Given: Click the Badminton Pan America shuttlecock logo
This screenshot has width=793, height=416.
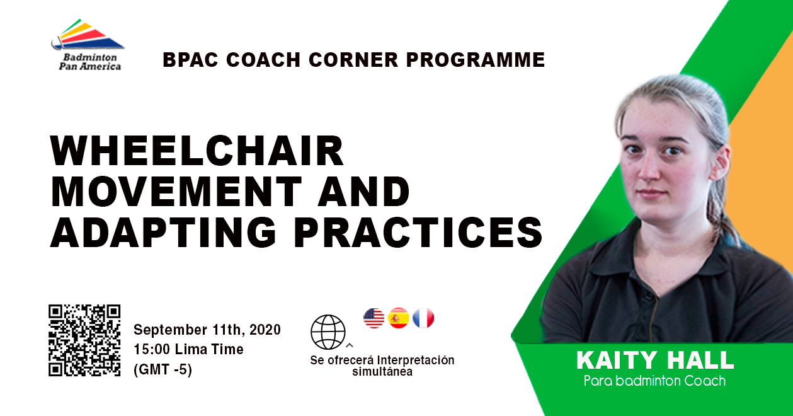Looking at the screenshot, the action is pyautogui.click(x=88, y=35).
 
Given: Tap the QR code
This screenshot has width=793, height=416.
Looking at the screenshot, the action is pyautogui.click(x=84, y=340).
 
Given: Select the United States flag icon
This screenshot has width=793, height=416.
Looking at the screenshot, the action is pyautogui.click(x=374, y=318).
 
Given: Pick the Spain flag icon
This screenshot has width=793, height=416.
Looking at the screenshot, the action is pyautogui.click(x=399, y=318).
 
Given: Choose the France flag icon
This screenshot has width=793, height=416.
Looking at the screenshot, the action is pyautogui.click(x=423, y=318).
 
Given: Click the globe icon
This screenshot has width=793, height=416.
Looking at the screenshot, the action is pyautogui.click(x=328, y=332).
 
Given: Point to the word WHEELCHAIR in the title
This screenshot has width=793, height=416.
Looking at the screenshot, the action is pyautogui.click(x=197, y=151).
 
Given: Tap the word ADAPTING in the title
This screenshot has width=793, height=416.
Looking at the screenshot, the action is pyautogui.click(x=163, y=233).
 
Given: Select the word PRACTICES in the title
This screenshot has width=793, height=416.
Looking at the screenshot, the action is pyautogui.click(x=418, y=233).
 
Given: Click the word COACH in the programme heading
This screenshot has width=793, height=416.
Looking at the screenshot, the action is pyautogui.click(x=263, y=59).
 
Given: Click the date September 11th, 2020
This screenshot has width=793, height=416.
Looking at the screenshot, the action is pyautogui.click(x=207, y=330).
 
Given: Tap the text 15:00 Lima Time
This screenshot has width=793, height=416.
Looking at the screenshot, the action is pyautogui.click(x=189, y=349).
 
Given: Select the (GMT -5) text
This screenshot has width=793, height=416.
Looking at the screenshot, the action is pyautogui.click(x=163, y=369).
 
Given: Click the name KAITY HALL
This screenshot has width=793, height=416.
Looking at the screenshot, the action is pyautogui.click(x=655, y=361).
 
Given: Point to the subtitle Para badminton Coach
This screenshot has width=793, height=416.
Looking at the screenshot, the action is pyautogui.click(x=654, y=381).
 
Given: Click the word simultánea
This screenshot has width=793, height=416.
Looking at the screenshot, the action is pyautogui.click(x=382, y=372).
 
